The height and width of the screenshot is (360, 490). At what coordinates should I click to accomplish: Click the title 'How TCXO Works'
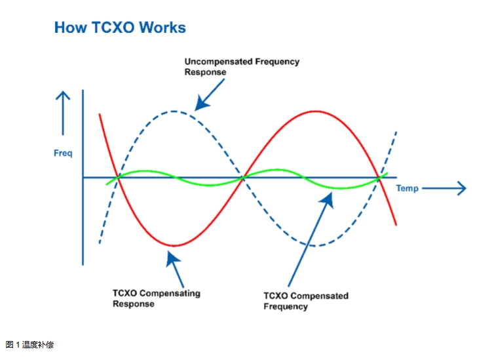120,28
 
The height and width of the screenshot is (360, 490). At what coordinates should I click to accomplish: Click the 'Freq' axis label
63,153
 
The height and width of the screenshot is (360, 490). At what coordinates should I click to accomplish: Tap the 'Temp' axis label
407,189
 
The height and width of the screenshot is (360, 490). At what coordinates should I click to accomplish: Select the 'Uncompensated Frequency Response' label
241,67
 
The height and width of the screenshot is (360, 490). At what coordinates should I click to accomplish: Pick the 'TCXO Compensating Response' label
156,298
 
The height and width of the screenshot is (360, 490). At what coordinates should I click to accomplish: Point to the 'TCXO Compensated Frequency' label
305,301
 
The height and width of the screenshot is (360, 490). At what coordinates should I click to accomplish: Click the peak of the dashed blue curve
174,111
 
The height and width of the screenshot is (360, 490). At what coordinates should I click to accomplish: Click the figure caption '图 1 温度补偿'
29,344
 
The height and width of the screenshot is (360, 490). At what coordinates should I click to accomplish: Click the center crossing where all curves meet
244,177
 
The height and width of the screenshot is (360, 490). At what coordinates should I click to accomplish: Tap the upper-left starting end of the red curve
100,115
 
